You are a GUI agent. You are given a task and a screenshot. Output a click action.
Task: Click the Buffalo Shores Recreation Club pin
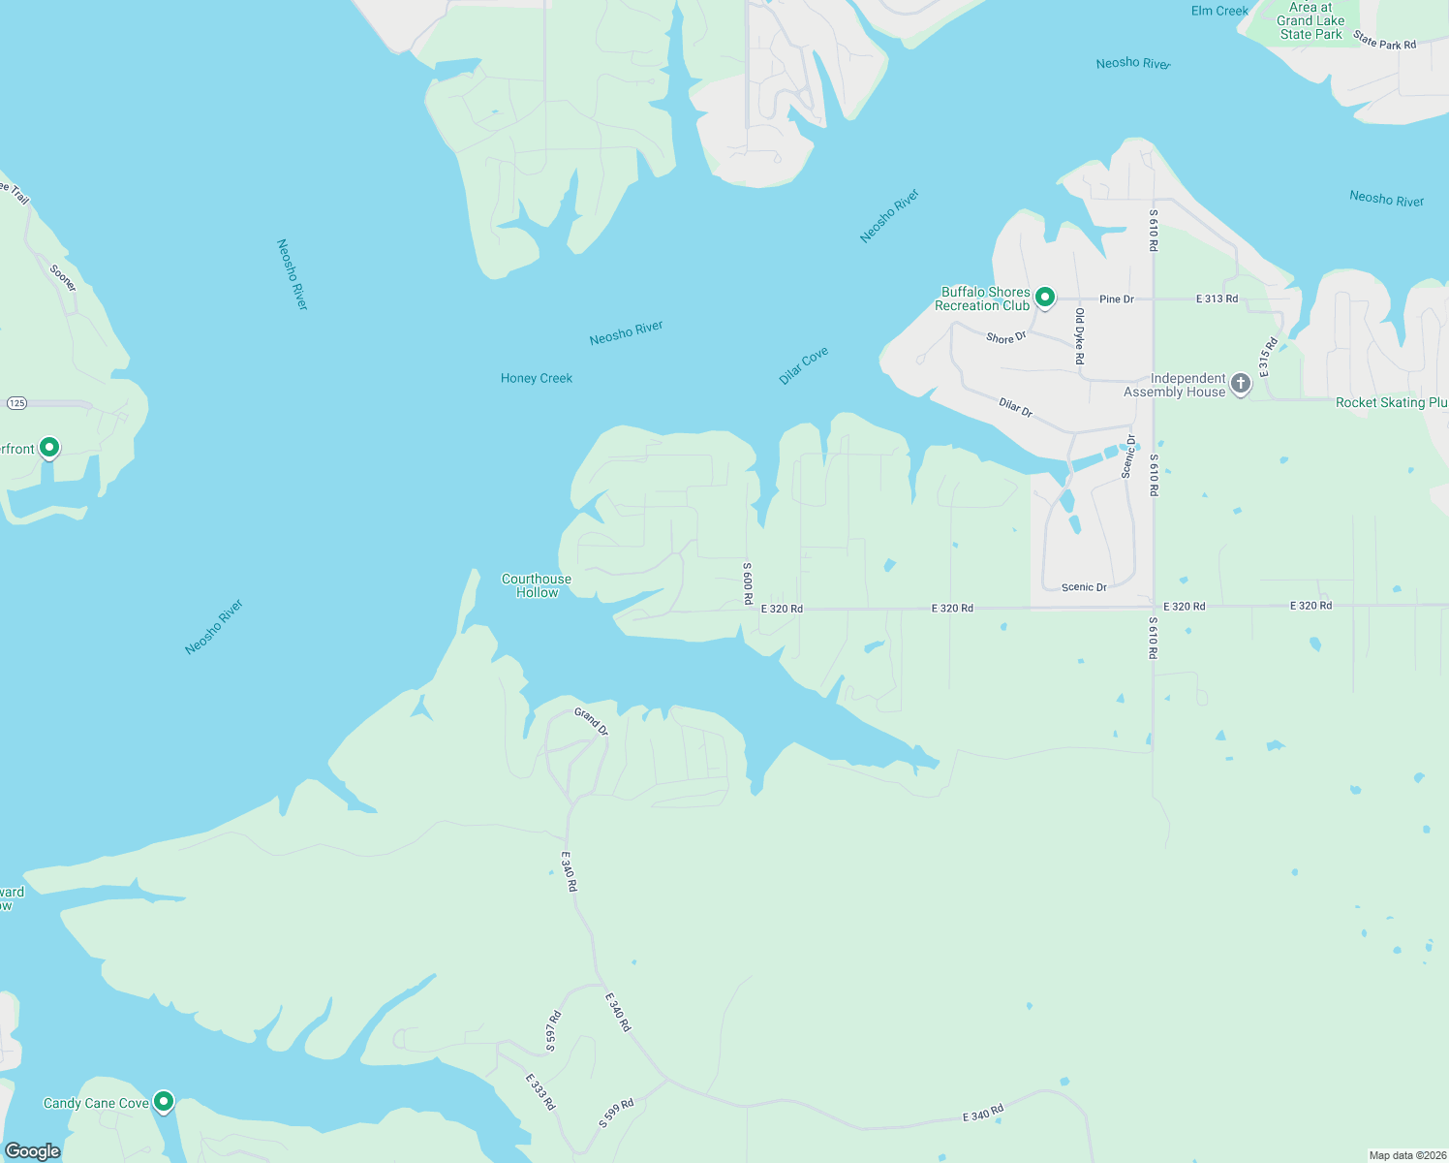(x=1044, y=297)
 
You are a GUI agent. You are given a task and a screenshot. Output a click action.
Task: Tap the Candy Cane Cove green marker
(x=164, y=1101)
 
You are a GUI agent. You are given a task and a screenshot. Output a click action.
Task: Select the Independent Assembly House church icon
(x=1240, y=384)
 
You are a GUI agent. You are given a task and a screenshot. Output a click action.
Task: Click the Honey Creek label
(x=537, y=378)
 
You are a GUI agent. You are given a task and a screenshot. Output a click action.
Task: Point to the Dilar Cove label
(x=804, y=366)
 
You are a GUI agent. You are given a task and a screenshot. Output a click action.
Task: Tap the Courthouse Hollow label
(x=537, y=585)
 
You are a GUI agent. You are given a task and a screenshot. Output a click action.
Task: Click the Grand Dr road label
(x=591, y=721)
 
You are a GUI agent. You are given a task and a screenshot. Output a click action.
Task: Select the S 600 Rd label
(x=748, y=582)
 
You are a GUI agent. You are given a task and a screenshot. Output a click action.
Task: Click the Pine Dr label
(x=1116, y=299)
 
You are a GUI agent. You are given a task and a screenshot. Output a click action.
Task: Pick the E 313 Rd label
(x=1217, y=299)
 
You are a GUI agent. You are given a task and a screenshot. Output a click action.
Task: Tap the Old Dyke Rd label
(x=1080, y=336)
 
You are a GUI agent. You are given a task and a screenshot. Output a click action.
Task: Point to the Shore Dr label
(x=1005, y=337)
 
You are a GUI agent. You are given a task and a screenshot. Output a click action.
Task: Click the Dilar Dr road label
(x=1016, y=408)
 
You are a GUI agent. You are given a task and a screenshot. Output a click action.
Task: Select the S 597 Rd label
(x=553, y=1031)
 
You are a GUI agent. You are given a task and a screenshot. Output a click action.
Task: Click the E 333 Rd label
(x=540, y=1091)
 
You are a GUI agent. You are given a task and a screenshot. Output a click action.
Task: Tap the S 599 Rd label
(x=616, y=1114)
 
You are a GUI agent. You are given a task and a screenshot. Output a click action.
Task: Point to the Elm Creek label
(x=1219, y=11)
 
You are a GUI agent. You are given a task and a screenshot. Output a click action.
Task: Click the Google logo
(x=33, y=1151)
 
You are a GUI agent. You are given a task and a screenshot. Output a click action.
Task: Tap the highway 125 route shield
(x=16, y=402)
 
